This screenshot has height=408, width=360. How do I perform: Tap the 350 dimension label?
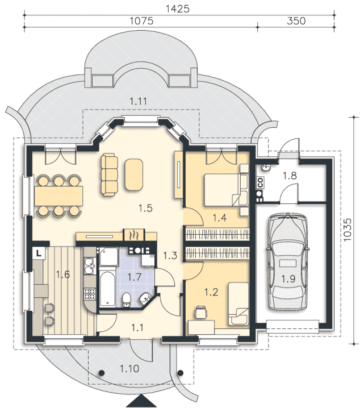tap(295, 21)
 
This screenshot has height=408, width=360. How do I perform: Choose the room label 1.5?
tap(145, 208)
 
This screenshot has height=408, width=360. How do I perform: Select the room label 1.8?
tap(290, 176)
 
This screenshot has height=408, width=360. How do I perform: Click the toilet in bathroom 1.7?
tap(128, 299)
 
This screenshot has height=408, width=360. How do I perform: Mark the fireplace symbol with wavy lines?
tap(133, 234)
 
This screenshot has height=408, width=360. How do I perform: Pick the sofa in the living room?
tap(110, 174)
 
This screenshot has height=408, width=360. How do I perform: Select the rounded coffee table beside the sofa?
tap(134, 174)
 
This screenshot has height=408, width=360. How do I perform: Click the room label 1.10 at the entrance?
tap(129, 369)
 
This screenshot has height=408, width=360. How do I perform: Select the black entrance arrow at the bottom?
tap(141, 402)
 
